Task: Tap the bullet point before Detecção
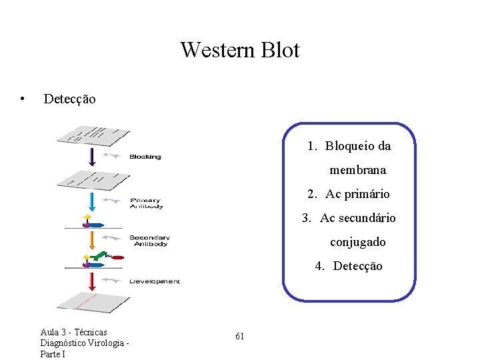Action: coord(23,99)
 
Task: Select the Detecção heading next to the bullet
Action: coord(69,99)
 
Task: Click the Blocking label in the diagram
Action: coord(145,157)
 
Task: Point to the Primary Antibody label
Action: coord(145,203)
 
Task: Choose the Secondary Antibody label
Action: coord(149,241)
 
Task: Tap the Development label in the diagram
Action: coord(155,281)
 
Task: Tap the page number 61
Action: coord(239,337)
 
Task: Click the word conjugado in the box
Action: coord(357,242)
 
